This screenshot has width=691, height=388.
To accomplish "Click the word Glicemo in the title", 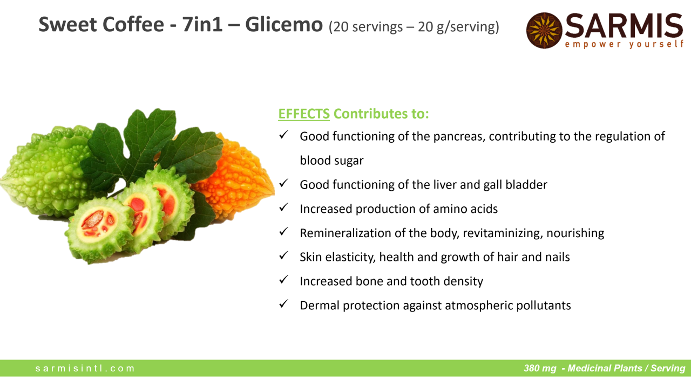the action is (284, 25).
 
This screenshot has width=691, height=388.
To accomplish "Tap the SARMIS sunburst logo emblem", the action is (544, 30).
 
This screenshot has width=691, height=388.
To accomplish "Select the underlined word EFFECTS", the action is (304, 114).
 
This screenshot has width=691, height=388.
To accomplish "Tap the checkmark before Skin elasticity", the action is (283, 255).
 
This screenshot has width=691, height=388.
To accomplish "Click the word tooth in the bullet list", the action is (425, 281).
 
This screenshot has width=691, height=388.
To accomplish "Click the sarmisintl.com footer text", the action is (85, 368).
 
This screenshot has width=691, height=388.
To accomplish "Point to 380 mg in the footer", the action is (540, 368).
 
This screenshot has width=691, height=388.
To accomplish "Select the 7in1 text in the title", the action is (202, 25).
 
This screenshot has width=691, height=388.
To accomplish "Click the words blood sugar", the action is (331, 161).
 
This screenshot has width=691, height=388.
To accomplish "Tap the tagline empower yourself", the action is (624, 44).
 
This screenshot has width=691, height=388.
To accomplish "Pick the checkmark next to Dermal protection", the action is (283, 303).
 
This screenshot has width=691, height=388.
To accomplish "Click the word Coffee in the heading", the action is (133, 25).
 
